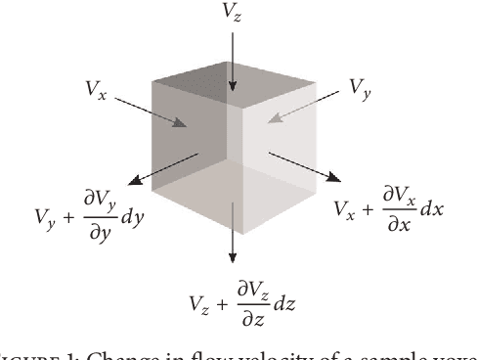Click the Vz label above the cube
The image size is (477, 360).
(x=234, y=14)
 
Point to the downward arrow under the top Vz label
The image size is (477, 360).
(x=233, y=64)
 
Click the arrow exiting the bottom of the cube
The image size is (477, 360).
(x=233, y=230)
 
